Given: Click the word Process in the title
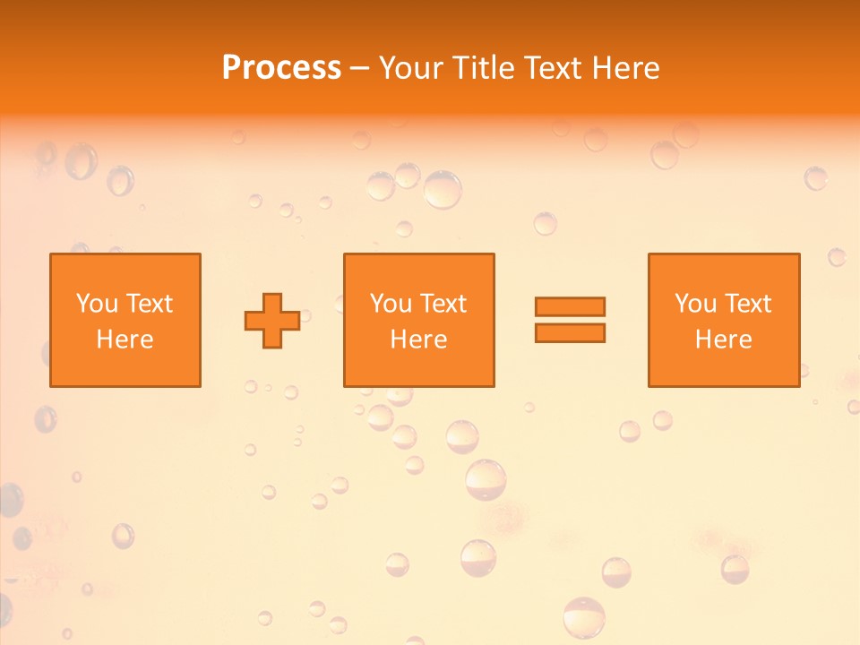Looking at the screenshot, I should point(281,68).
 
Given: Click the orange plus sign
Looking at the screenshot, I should point(272,321).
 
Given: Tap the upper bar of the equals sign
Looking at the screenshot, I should point(570,306).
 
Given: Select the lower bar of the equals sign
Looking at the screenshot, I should point(570,332).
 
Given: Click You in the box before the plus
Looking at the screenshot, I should point(97,304).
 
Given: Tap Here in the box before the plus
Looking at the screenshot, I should point(125,340).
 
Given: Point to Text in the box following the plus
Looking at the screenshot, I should point(443,304).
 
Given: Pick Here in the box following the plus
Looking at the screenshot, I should point(418,340).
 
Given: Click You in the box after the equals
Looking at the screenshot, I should point(695,304).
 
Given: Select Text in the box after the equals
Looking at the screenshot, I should point(747,304).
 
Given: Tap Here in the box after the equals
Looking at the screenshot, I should point(724,340).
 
